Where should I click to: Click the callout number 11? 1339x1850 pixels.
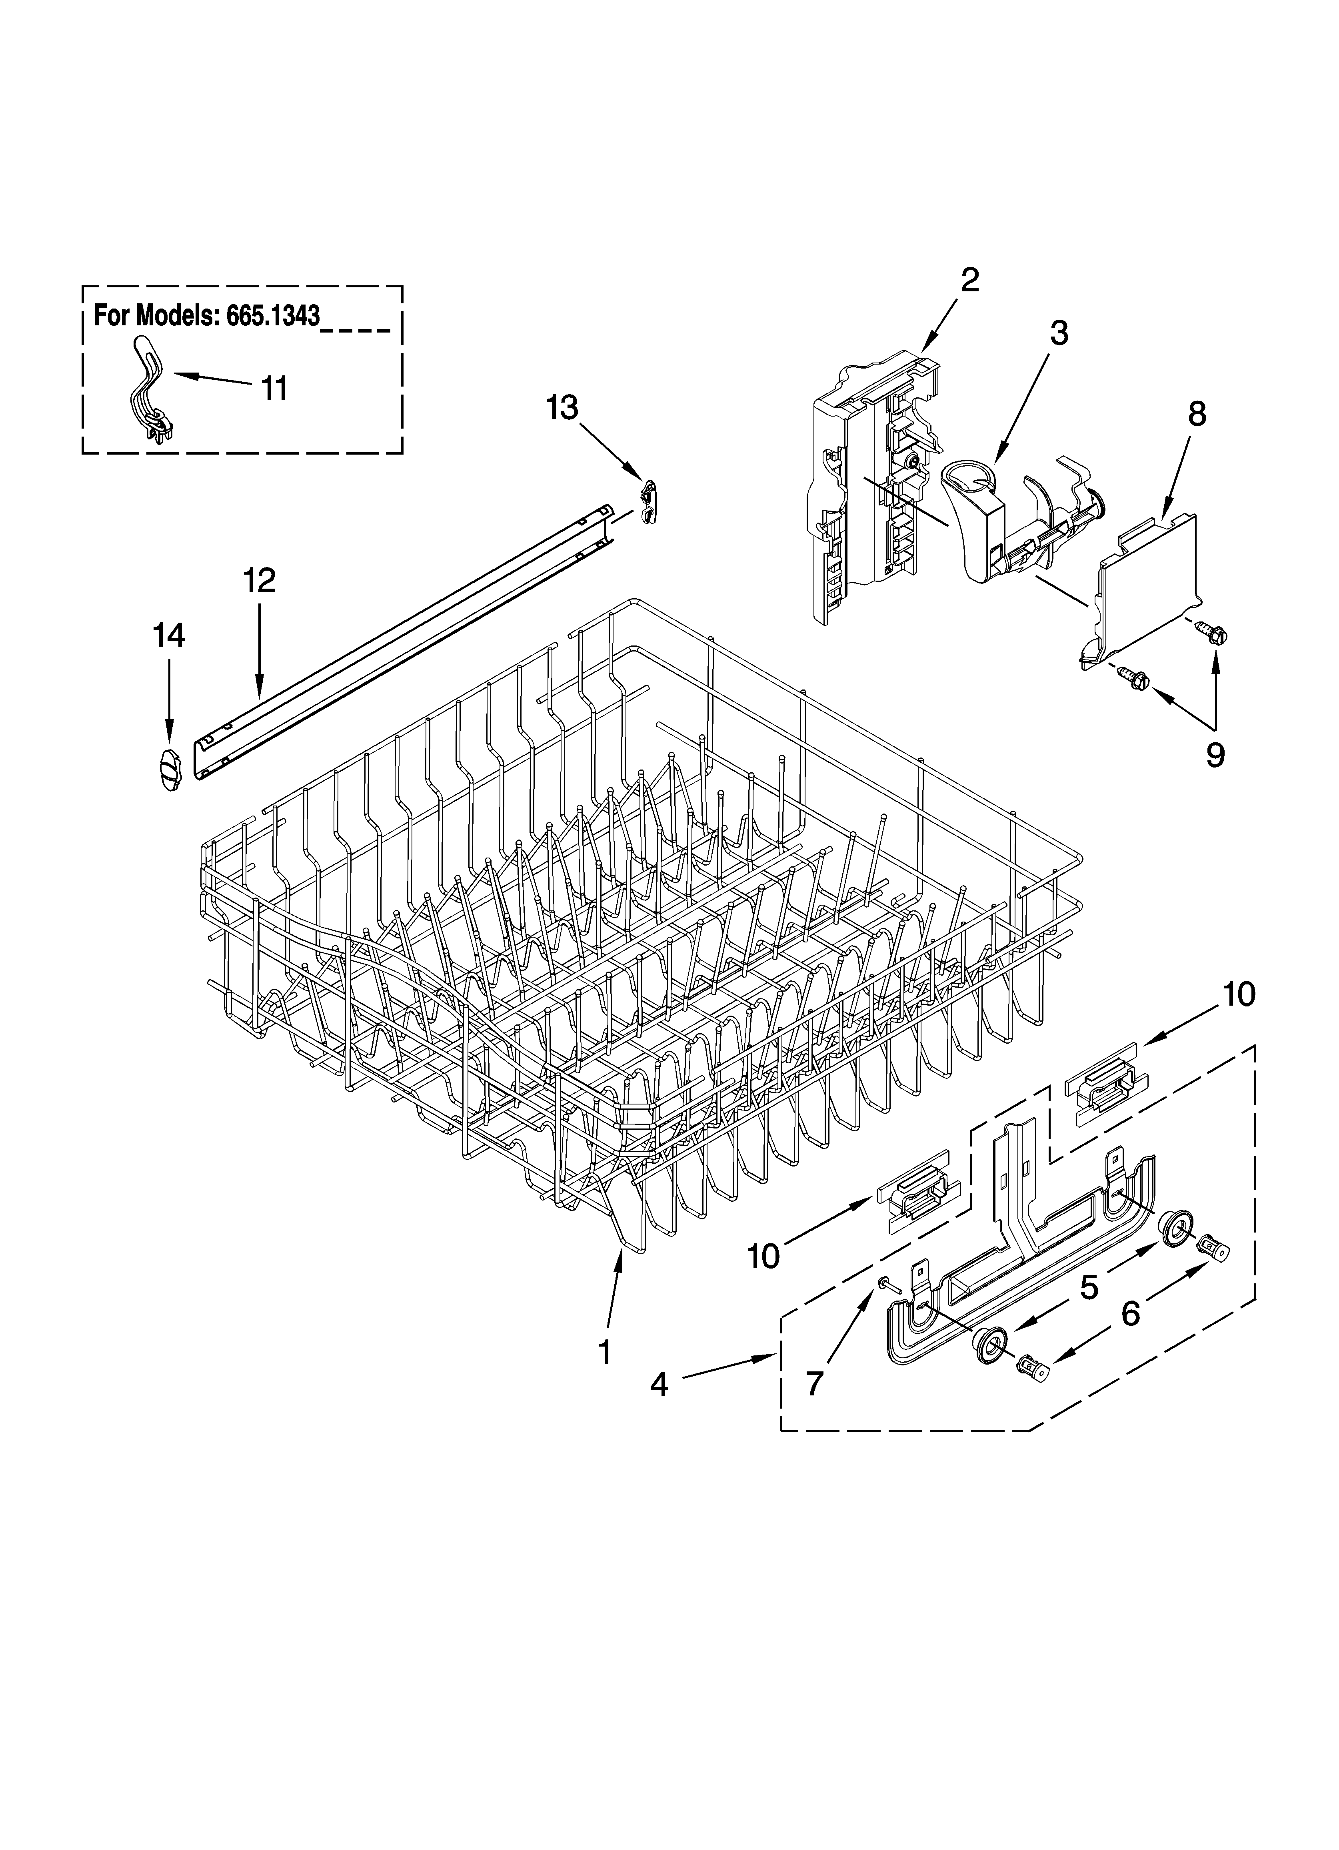[274, 389]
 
